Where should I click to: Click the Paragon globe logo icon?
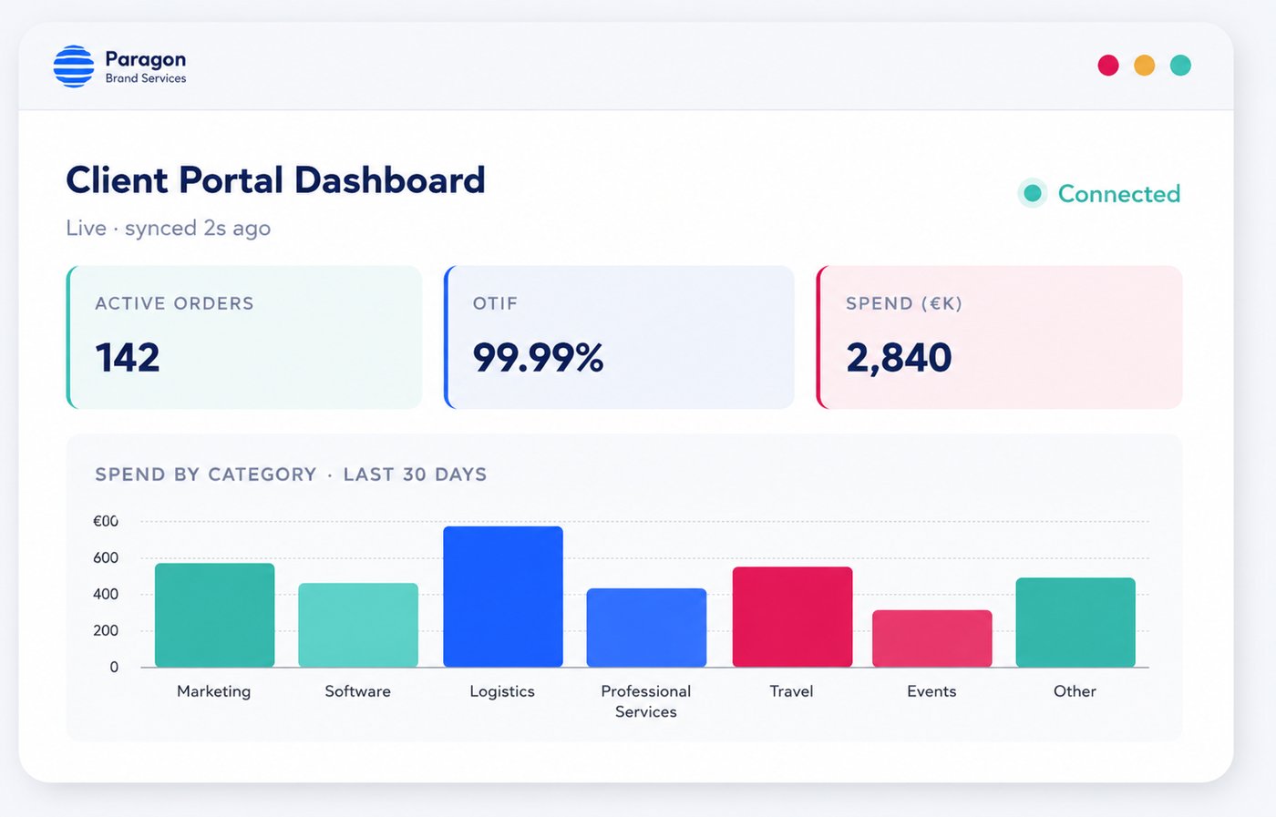74,66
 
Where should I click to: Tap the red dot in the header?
1108,65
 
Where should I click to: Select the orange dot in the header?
1145,65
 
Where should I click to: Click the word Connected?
1119,194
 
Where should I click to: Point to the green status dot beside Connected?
1032,193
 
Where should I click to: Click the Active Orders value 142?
128,358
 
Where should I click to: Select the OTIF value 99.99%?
538,358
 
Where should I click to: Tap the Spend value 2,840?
899,359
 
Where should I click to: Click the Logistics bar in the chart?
503,596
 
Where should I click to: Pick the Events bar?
931,638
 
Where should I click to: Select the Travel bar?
792,617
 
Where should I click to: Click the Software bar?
358,625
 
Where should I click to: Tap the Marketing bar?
215,615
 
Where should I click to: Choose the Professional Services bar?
646,628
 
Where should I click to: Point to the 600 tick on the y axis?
106,557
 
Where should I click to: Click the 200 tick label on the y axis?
106,630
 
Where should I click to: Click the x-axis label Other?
1075,691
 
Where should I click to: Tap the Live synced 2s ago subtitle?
168,229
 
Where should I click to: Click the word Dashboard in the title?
390,180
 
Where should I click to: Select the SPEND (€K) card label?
904,303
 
